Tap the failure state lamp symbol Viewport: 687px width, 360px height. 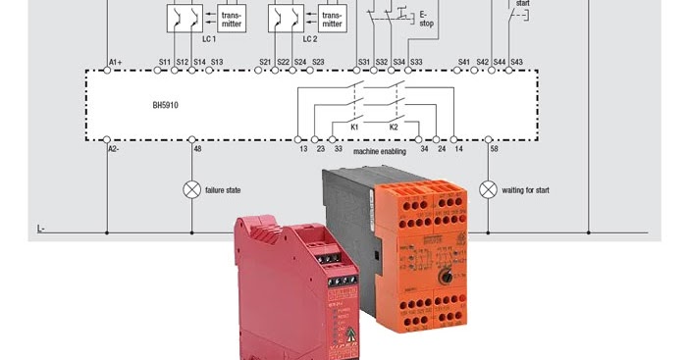pyautogui.click(x=192, y=187)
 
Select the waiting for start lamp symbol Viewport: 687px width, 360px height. pyautogui.click(x=488, y=187)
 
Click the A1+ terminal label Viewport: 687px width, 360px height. pyautogui.click(x=115, y=63)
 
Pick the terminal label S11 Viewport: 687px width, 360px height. pyautogui.click(x=165, y=63)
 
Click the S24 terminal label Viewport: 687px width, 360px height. pyautogui.click(x=300, y=63)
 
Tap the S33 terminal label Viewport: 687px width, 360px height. pyautogui.click(x=416, y=63)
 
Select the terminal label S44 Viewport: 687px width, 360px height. pyautogui.click(x=500, y=63)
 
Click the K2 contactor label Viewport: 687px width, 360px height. pyautogui.click(x=394, y=128)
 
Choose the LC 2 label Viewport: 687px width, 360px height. pyautogui.click(x=310, y=40)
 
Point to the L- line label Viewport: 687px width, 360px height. pyautogui.click(x=41, y=229)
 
